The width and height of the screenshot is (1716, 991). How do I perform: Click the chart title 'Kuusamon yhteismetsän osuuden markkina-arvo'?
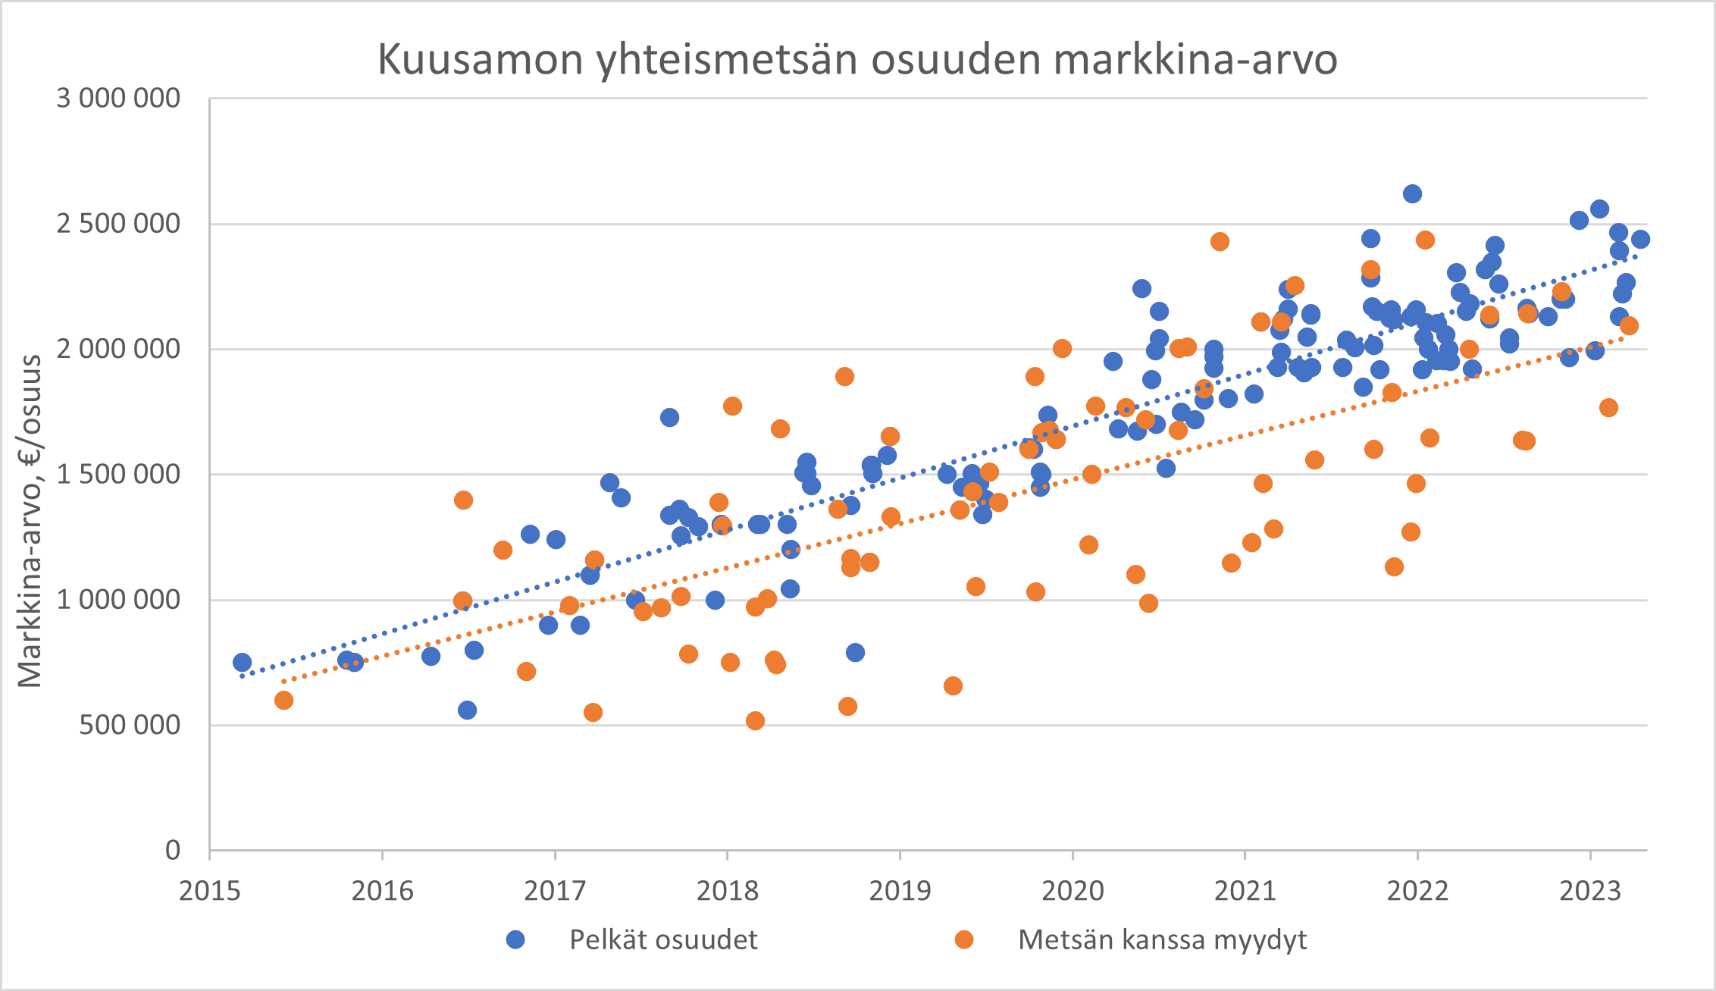point(857,59)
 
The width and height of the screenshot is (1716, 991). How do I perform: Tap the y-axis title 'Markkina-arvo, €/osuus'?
point(30,522)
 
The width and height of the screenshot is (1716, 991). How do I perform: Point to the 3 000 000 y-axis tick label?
point(118,99)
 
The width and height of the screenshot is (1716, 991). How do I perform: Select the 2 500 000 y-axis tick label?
point(118,224)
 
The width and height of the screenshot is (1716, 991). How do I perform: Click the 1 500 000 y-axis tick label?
point(118,475)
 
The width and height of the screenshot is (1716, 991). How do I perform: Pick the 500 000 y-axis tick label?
point(130,725)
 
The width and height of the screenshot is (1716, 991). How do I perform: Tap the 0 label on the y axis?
point(173,851)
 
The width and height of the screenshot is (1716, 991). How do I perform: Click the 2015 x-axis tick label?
point(210,891)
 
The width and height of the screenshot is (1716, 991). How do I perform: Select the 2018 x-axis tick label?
point(728,891)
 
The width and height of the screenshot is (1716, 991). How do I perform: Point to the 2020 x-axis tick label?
point(1072,891)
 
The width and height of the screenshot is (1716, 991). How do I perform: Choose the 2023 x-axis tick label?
point(1590,891)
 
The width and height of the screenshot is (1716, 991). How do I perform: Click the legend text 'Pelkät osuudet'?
point(663,940)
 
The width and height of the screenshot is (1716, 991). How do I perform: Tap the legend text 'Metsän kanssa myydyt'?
point(1162,940)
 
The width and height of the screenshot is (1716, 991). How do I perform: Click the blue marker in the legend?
point(515,940)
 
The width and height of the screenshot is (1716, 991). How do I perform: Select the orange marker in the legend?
point(964,940)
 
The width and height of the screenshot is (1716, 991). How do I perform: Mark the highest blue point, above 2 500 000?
point(1412,194)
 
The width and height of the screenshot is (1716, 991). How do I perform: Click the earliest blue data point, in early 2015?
point(242,663)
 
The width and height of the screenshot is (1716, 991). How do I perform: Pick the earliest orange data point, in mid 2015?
point(283,701)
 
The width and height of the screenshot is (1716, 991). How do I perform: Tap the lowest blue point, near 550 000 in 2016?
point(467,710)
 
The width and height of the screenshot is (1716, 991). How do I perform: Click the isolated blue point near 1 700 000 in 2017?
point(669,418)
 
